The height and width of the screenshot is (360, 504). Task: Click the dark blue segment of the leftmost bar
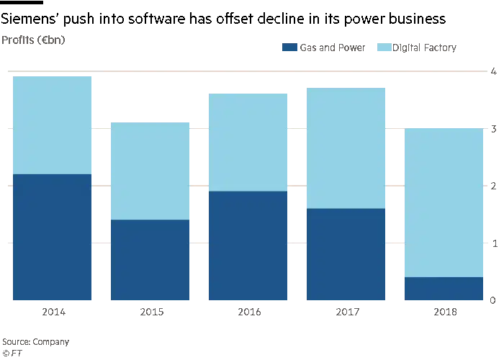[52, 238]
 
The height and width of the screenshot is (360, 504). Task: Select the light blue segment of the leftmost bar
[52, 124]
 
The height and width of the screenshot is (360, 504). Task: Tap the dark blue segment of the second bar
[150, 261]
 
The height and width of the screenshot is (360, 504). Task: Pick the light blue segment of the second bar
[150, 171]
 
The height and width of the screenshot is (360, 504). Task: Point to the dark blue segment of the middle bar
[248, 246]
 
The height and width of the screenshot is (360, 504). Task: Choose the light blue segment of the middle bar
[248, 142]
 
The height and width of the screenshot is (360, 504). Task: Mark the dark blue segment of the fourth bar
[346, 255]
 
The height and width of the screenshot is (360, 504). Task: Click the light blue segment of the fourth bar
[346, 148]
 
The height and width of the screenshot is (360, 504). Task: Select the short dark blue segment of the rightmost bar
[444, 289]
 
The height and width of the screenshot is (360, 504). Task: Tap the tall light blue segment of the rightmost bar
[444, 202]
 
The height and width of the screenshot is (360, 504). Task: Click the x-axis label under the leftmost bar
[54, 312]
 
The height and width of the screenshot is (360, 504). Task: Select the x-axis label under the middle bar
[249, 312]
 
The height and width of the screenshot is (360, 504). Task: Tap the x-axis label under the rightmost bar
[445, 312]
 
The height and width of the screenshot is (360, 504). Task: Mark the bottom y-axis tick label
[492, 299]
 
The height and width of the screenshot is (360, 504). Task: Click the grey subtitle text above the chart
[35, 41]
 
